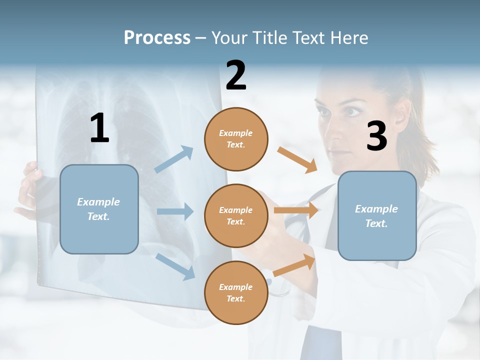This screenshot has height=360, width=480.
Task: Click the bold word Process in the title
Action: coord(157,38)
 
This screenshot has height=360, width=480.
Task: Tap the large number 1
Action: coord(99,128)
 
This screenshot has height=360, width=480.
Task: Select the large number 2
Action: coord(236,75)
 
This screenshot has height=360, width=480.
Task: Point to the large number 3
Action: coord(376,136)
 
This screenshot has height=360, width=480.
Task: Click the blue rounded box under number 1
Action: coord(99,209)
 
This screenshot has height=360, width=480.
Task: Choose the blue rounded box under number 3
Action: coord(377,216)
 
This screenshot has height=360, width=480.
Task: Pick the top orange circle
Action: coord(236,139)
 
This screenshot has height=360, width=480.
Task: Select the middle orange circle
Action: coord(236,216)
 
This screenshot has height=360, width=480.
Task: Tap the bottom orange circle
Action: coord(236,293)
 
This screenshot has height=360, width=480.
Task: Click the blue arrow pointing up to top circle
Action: coord(174,159)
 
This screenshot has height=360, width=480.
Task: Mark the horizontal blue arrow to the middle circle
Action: coord(175,211)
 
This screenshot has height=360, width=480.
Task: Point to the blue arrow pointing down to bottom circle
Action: coord(175,265)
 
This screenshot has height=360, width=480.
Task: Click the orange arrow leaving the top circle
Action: coord(297,159)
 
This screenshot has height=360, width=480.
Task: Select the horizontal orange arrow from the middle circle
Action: coord(296,210)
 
